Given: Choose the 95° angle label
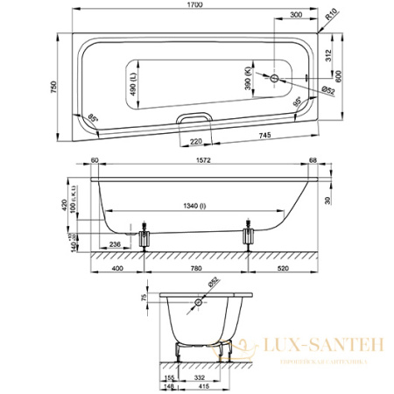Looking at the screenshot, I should coord(298,103).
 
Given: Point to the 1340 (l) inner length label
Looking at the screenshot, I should coord(194,207).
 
